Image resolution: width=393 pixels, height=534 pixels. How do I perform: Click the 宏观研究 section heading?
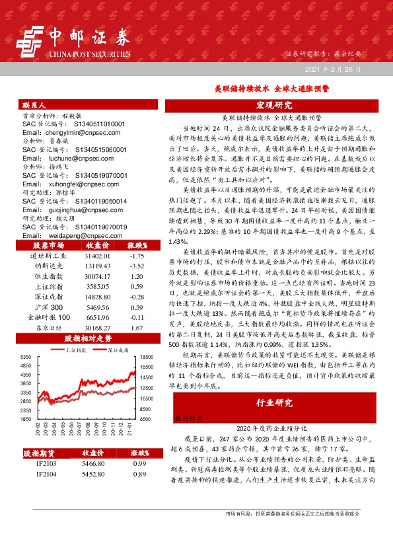(273, 105)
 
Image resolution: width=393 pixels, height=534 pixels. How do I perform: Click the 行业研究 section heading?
(273, 402)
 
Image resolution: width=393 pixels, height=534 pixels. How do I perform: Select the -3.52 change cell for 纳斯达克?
(137, 266)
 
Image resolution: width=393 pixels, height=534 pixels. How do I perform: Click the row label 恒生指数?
(45, 276)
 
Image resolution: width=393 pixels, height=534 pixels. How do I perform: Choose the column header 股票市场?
(45, 245)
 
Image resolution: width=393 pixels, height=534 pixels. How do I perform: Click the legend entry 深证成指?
(112, 351)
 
